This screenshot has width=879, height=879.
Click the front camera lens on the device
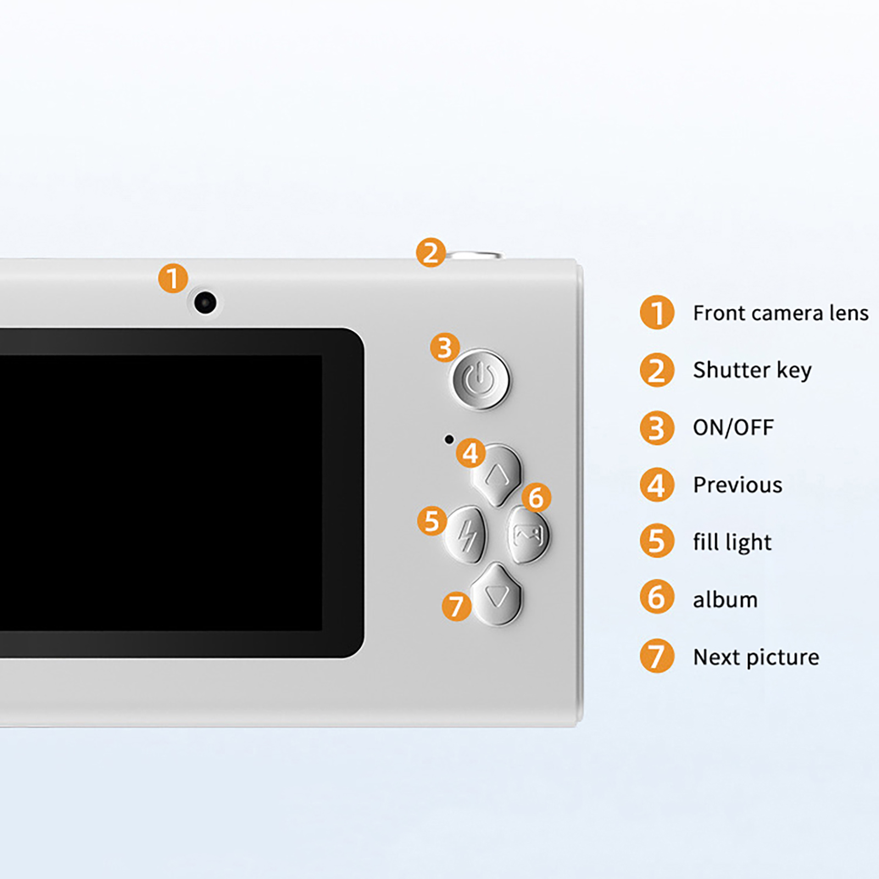pos(205,303)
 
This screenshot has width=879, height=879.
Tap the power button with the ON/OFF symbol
pos(480,380)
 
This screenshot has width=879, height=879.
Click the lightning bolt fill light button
pos(466,535)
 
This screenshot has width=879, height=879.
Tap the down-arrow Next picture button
pos(497,594)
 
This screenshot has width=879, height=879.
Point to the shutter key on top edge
pos(474,255)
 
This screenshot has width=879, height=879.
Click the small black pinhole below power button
pos(449,439)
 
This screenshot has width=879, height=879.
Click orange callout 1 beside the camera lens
pos(173,278)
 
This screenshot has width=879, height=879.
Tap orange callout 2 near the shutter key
pos(431,253)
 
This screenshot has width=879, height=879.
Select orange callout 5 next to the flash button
pos(432,521)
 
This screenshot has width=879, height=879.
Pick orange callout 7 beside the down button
pos(457,607)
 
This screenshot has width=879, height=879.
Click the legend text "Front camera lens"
pos(781,313)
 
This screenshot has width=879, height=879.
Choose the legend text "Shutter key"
pos(752,371)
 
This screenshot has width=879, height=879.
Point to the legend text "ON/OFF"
pos(733,427)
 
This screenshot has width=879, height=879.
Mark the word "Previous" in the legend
pos(738,485)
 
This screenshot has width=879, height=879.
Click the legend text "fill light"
pos(732,543)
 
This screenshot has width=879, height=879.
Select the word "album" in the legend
pos(725,599)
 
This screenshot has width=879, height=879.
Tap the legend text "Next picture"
pos(756,658)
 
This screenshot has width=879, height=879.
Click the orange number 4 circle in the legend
pos(657,485)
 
